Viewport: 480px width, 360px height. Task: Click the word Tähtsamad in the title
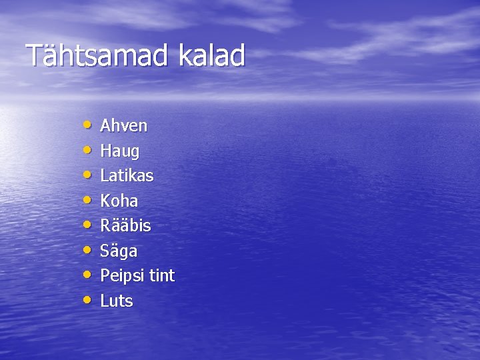point(98,56)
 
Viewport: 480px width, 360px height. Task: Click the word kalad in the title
point(211,56)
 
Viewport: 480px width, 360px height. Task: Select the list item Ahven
point(123,126)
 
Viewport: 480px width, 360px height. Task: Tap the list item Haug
point(120,152)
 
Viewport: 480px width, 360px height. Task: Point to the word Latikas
point(127,176)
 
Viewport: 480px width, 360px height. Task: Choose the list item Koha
point(119,201)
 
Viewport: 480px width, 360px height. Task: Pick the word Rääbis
point(125,226)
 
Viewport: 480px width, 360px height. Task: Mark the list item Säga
point(119,251)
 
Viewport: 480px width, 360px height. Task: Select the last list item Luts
point(117,301)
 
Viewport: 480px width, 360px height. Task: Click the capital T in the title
point(33,56)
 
